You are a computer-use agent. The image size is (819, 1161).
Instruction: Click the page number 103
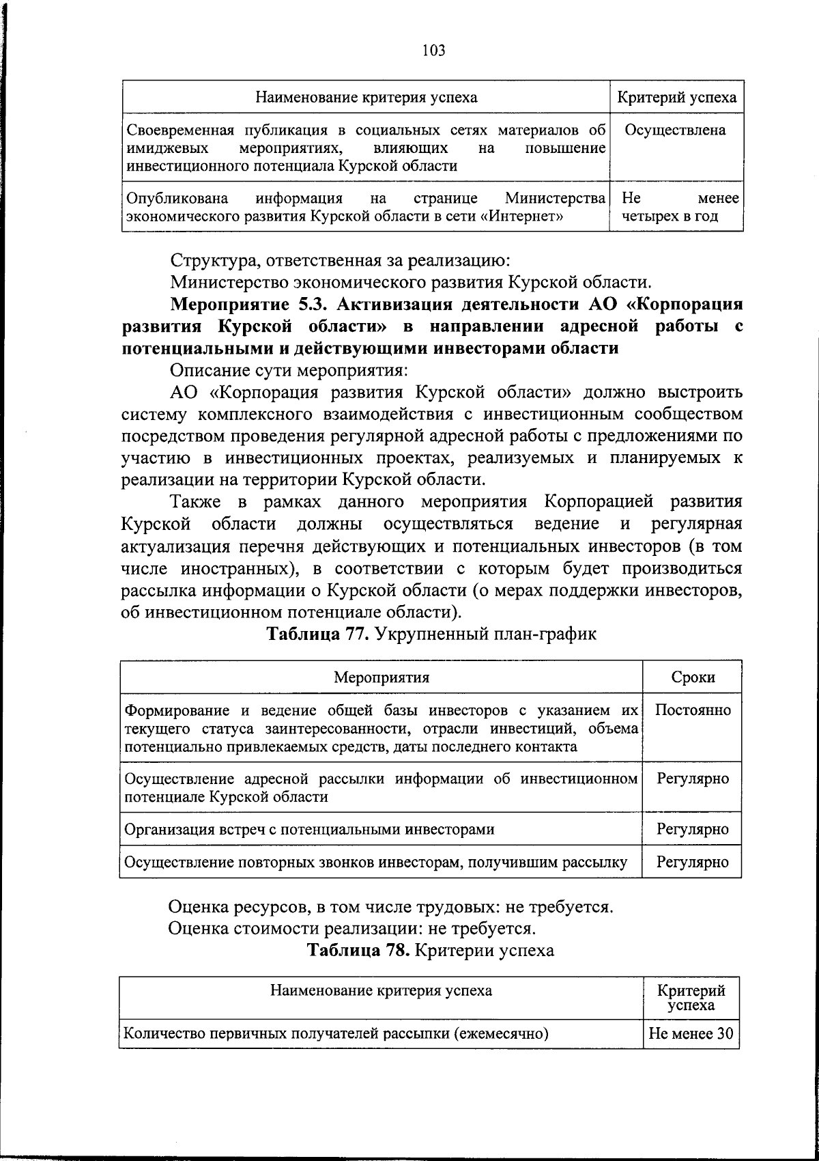pyautogui.click(x=433, y=50)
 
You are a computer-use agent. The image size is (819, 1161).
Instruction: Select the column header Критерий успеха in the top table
pyautogui.click(x=676, y=97)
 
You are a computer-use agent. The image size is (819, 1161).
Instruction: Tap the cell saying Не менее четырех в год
pyautogui.click(x=680, y=208)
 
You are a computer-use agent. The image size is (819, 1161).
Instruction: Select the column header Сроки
pyautogui.click(x=693, y=677)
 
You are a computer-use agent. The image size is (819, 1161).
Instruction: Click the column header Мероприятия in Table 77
pyautogui.click(x=381, y=677)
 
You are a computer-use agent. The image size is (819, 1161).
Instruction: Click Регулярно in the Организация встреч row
pyautogui.click(x=693, y=829)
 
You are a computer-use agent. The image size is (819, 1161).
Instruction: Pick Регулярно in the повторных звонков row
pyautogui.click(x=693, y=862)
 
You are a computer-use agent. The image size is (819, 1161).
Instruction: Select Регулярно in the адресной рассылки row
pyautogui.click(x=693, y=779)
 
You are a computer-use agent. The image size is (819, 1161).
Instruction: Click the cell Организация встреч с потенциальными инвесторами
pyautogui.click(x=309, y=829)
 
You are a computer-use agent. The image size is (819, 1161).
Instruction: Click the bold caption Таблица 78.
pyautogui.click(x=358, y=950)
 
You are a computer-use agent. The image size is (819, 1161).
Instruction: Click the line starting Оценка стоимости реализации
pyautogui.click(x=352, y=928)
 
